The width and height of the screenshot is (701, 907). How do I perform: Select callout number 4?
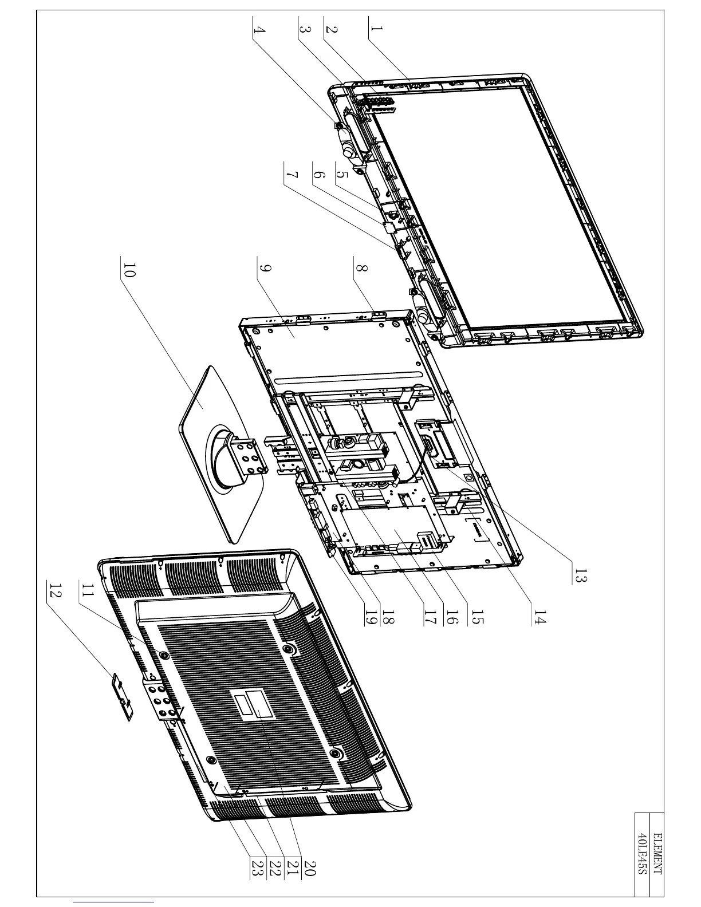point(259,30)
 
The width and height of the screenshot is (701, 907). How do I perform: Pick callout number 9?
point(265,269)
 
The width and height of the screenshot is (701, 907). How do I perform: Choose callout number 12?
point(55,593)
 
